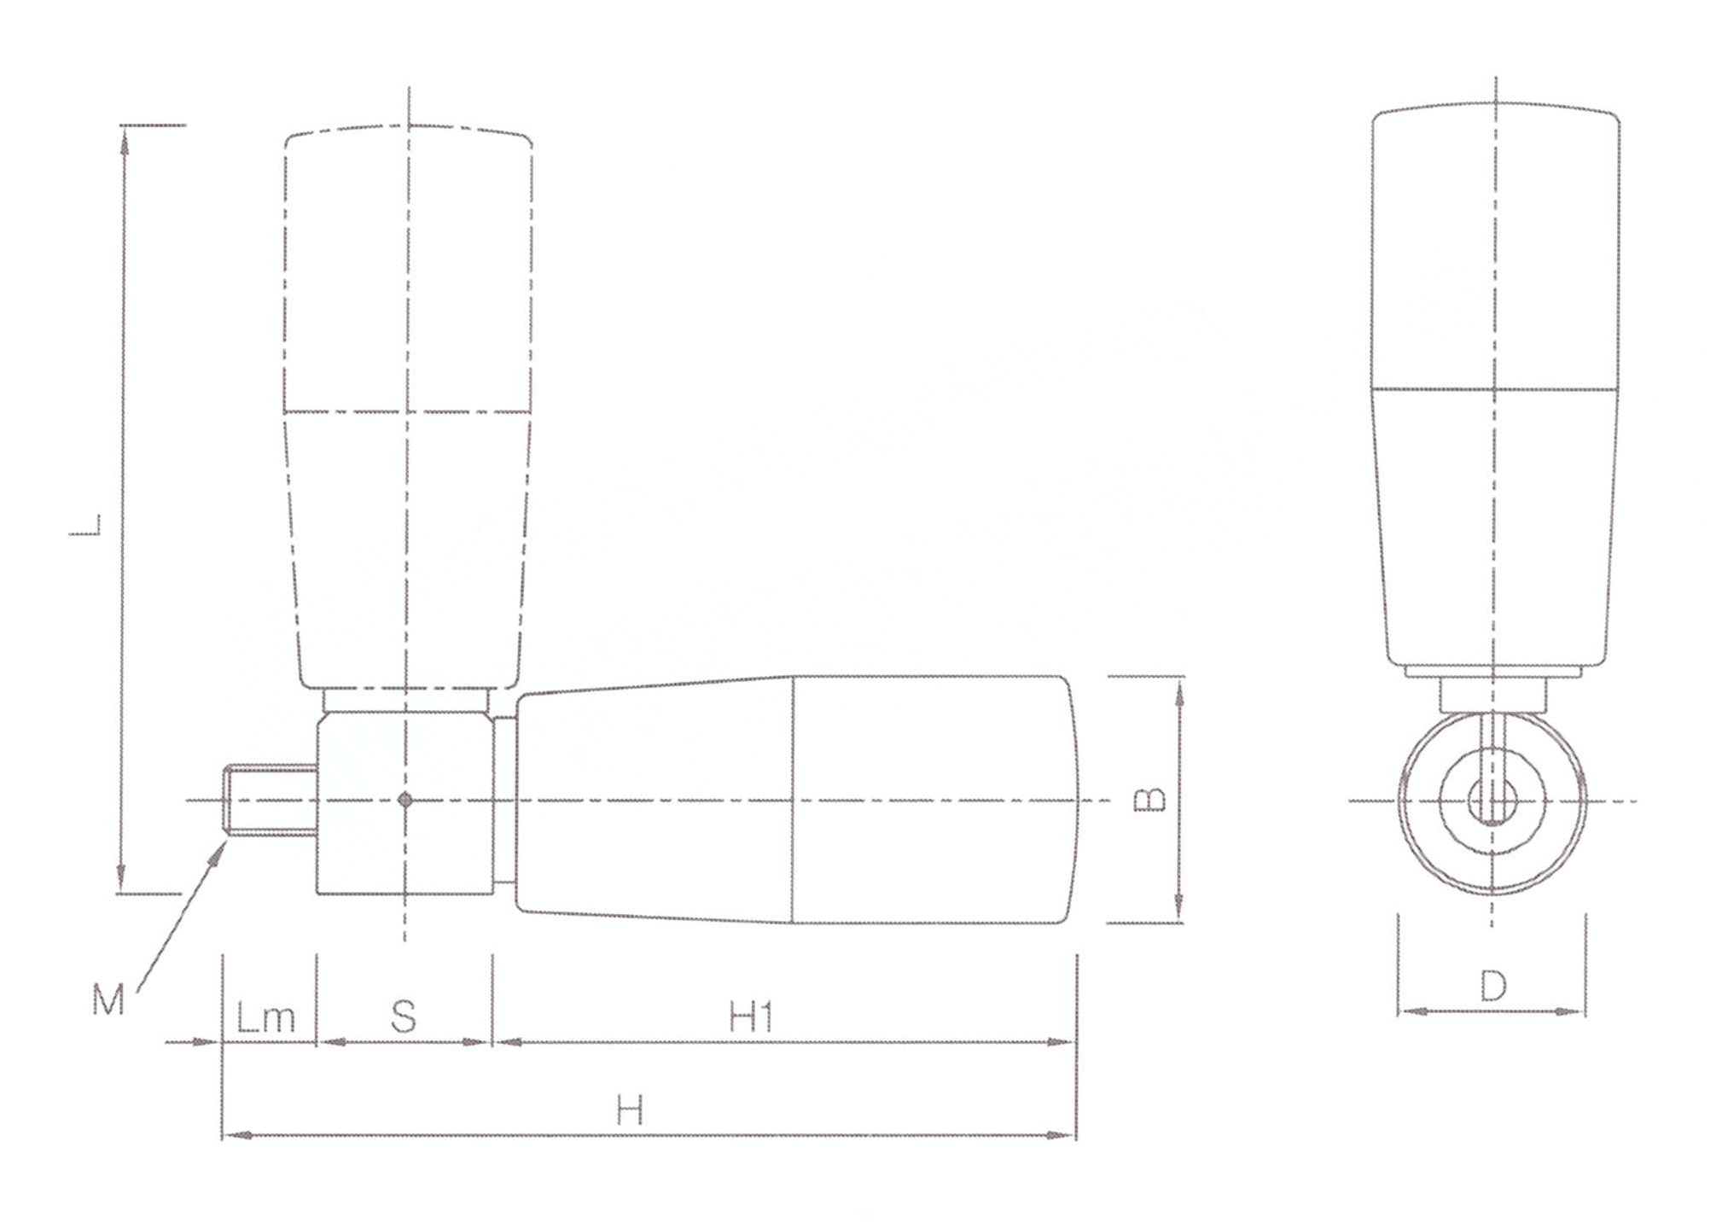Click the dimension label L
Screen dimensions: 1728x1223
[x=85, y=525]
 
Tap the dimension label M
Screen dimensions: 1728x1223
[x=108, y=999]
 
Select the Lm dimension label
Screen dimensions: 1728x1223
[x=265, y=1017]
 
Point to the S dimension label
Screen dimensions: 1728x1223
[x=404, y=1016]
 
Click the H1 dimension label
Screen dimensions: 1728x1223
[x=751, y=1017]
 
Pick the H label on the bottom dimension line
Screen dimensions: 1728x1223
[x=630, y=1111]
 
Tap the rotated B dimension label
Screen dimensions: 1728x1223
[x=1149, y=798]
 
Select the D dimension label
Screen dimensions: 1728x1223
[x=1493, y=986]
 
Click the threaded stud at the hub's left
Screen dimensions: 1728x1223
[x=270, y=800]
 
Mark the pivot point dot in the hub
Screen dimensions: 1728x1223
[x=405, y=800]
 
